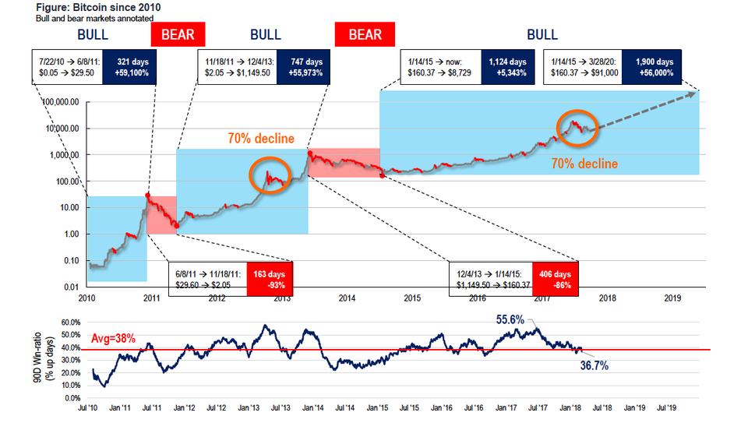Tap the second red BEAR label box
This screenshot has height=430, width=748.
[365, 34]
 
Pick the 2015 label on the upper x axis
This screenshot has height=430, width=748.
[412, 298]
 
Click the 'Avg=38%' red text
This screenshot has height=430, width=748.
[114, 339]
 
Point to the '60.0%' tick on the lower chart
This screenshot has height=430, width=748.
[70, 321]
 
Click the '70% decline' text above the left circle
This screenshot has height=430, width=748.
[261, 139]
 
